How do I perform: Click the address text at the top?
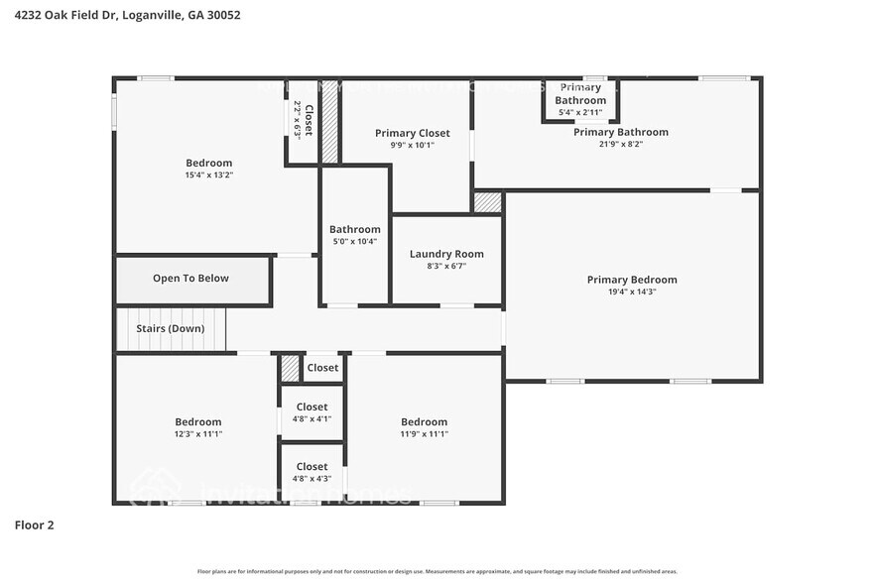click(127, 16)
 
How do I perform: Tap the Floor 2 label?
click(34, 525)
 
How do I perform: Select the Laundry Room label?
click(446, 254)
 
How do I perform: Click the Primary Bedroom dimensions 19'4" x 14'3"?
click(631, 291)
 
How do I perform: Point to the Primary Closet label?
click(412, 133)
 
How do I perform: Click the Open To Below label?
click(190, 279)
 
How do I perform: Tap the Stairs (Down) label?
click(171, 328)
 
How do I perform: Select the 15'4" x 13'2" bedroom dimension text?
click(208, 175)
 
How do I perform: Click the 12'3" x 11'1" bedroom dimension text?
click(197, 433)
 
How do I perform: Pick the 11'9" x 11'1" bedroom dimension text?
click(424, 433)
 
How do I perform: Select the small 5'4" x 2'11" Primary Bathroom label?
click(579, 112)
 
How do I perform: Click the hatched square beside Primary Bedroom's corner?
click(487, 202)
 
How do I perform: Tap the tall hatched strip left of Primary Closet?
click(330, 121)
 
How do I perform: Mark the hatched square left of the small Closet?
click(290, 368)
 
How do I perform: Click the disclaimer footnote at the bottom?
click(437, 571)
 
